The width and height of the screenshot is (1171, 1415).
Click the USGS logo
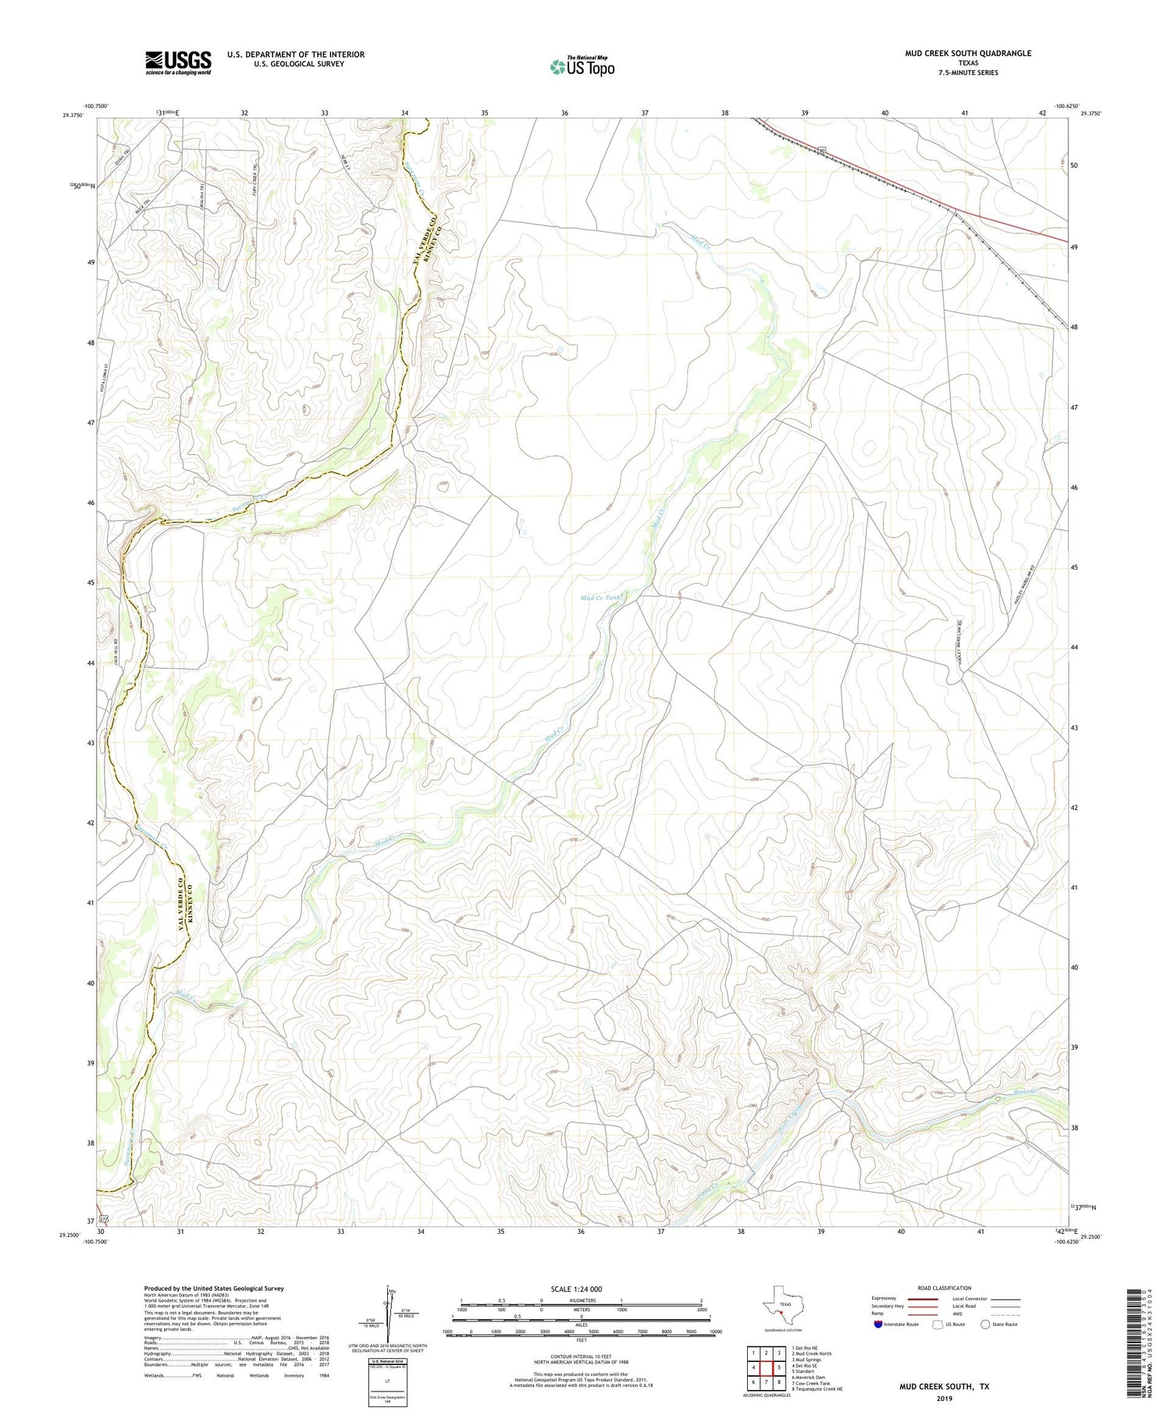click(x=178, y=62)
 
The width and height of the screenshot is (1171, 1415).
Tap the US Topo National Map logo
click(x=582, y=66)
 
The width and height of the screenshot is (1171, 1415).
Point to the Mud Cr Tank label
click(x=601, y=598)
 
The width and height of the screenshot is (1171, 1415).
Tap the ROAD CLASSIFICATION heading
click(x=945, y=1288)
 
